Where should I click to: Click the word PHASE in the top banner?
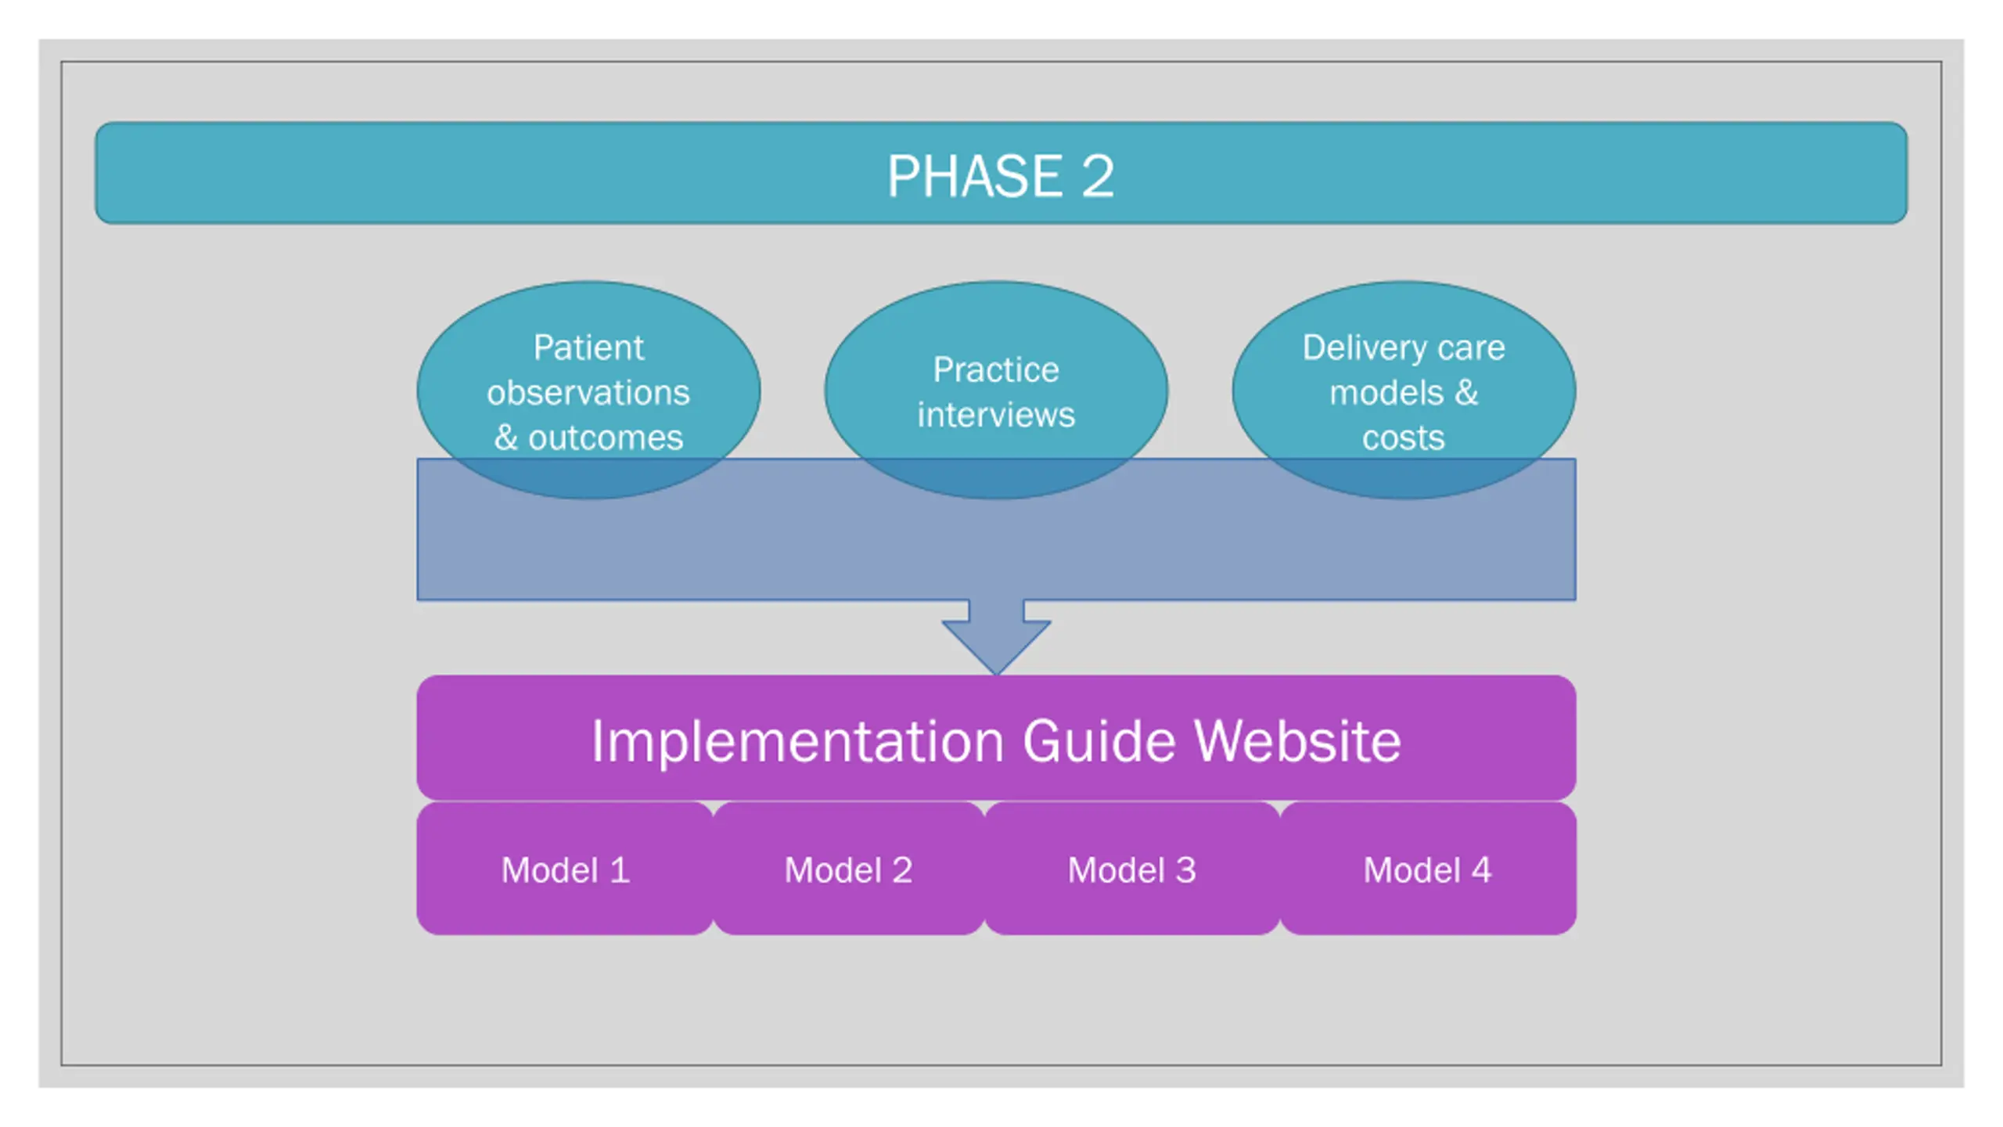click(x=974, y=176)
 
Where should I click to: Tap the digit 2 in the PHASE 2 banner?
click(x=1098, y=176)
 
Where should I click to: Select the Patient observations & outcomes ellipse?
click(x=588, y=390)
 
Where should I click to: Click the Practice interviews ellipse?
click(x=996, y=390)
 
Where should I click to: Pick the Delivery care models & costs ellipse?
click(x=1404, y=390)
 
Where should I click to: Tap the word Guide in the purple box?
click(x=1099, y=740)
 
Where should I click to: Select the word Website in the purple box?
click(x=1297, y=740)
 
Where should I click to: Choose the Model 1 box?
click(x=565, y=868)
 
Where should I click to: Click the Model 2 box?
click(x=849, y=868)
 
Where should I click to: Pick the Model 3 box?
click(x=1132, y=868)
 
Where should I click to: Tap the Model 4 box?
click(x=1428, y=868)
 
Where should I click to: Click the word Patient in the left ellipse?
click(x=588, y=347)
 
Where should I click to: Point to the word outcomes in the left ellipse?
click(x=606, y=437)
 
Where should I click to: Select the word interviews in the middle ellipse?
click(x=996, y=414)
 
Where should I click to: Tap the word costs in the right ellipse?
click(x=1404, y=437)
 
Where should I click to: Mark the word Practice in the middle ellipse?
click(x=996, y=369)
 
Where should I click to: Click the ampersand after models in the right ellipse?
click(x=1466, y=392)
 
